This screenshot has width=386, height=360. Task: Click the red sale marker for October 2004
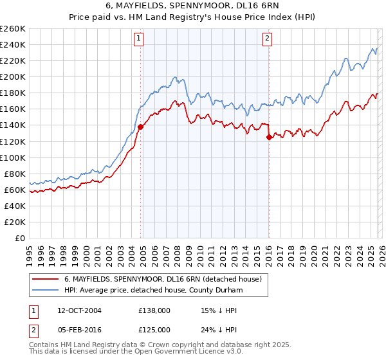point(140,127)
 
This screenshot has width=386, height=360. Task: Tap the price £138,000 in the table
point(154,309)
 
